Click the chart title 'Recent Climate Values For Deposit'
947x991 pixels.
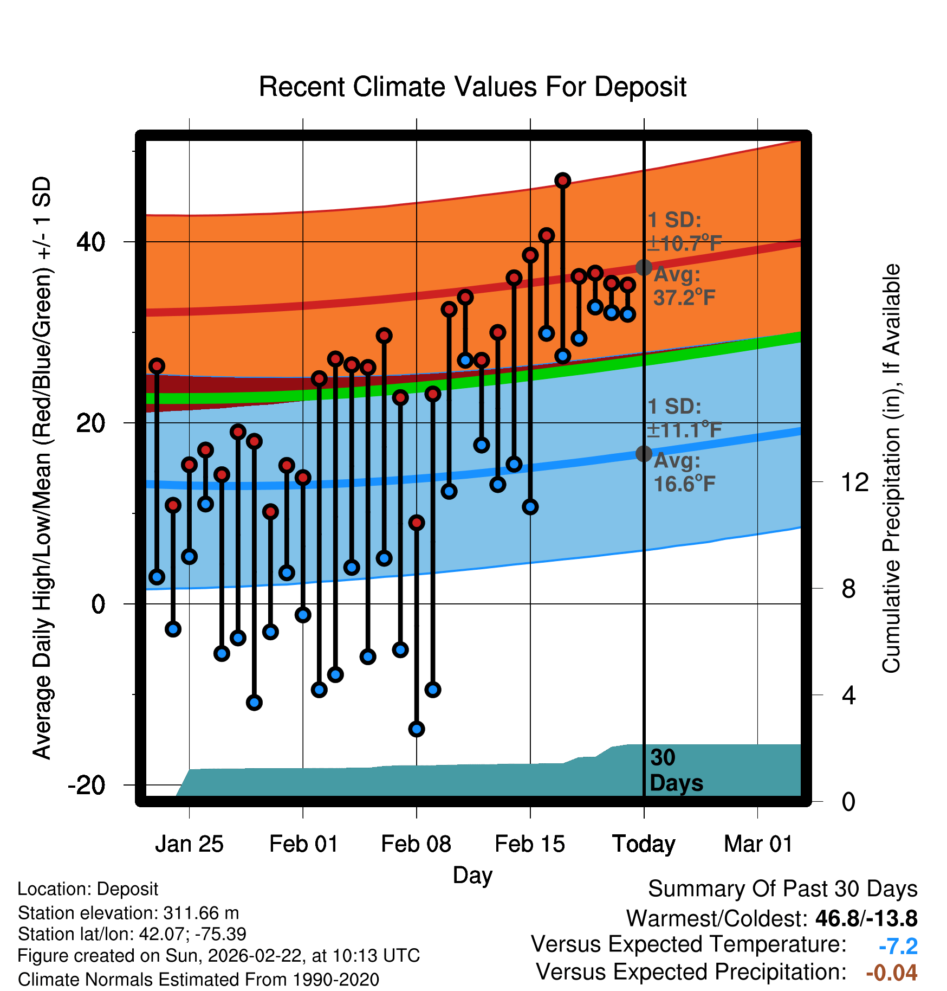472,87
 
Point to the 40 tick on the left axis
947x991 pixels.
91,242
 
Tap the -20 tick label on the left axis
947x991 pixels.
87,785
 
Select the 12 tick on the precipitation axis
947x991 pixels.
855,482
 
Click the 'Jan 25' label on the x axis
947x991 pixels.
189,844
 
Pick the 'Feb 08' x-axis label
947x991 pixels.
416,844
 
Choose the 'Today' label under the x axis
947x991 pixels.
644,844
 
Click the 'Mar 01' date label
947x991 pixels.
758,844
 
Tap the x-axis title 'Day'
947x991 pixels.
472,875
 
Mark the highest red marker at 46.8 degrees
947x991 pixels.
563,181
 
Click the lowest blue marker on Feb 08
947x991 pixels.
417,729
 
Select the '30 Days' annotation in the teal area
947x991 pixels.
676,770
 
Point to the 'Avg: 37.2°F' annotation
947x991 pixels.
684,286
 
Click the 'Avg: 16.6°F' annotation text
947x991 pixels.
684,472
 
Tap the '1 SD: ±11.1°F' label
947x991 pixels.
684,418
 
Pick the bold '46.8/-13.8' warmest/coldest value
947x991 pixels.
866,918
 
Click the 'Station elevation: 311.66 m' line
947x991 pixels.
128,913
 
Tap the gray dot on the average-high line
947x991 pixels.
644,267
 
